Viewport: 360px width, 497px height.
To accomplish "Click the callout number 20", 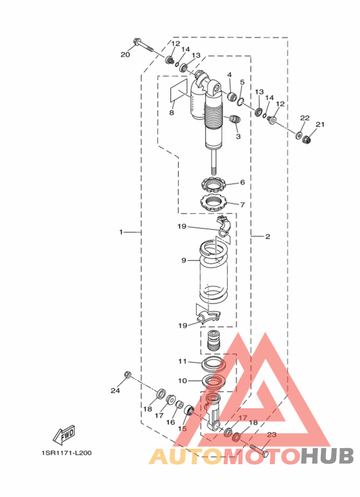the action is [125, 55].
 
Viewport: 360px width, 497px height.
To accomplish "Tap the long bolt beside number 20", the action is [142, 46].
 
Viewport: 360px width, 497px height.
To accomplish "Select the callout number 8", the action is [172, 113].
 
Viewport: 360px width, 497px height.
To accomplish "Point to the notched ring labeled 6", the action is [214, 185].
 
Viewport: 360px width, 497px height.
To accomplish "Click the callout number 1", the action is [121, 232].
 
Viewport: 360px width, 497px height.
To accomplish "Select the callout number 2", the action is [268, 237].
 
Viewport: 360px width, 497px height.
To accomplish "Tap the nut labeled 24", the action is [128, 374].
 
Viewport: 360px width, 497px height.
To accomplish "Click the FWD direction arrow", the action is [64, 435].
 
